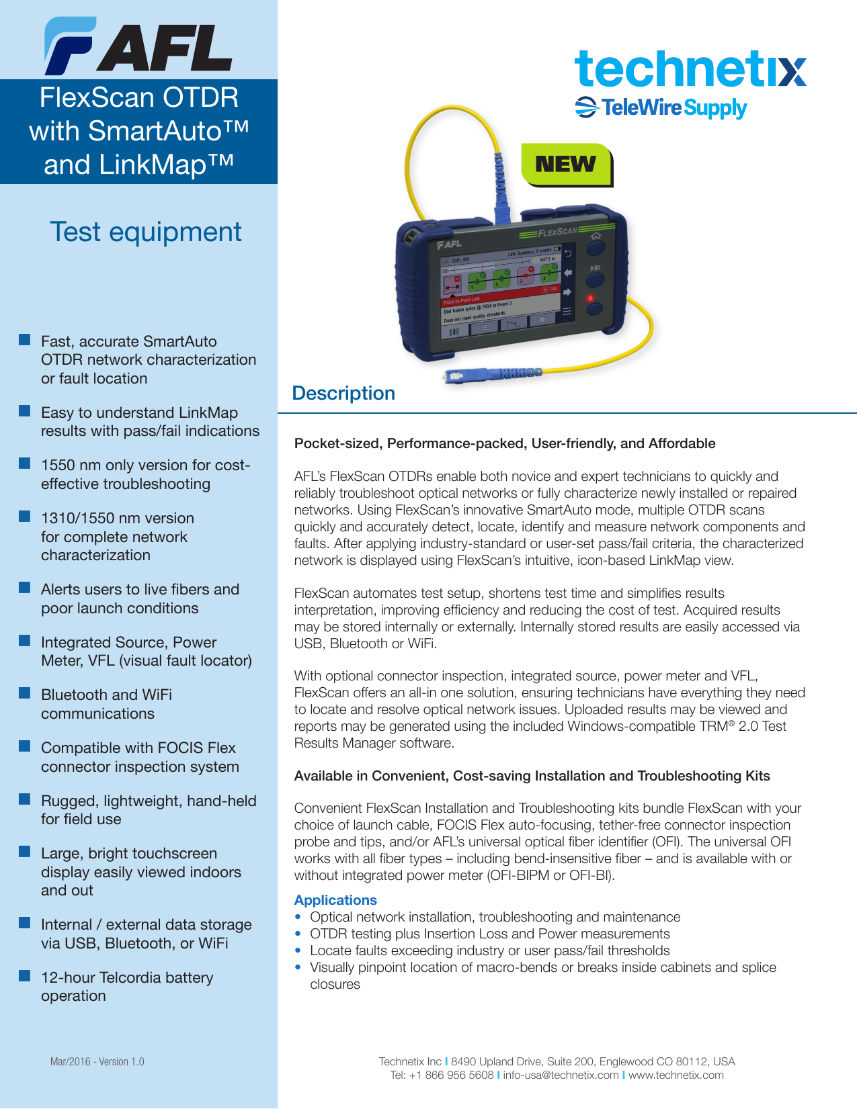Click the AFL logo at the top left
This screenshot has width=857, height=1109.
coord(138,46)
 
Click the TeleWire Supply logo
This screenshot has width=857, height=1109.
coord(661,107)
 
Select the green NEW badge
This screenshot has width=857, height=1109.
coord(566,164)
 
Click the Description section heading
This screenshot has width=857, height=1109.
coord(343,393)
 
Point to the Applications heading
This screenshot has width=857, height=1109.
coord(335,900)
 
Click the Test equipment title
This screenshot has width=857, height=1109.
coord(145,232)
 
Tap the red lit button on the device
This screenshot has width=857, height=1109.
coord(591,298)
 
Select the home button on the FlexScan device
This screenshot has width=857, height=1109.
coord(596,236)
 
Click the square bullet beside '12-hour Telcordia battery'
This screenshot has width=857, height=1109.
coord(25,975)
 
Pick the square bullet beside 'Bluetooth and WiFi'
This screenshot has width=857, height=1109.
coord(25,693)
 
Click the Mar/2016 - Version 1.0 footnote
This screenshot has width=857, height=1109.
coord(97,1062)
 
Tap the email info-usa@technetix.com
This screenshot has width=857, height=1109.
coord(561,1075)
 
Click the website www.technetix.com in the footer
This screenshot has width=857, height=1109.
coord(676,1075)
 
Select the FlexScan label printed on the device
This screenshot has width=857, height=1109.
coord(555,232)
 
